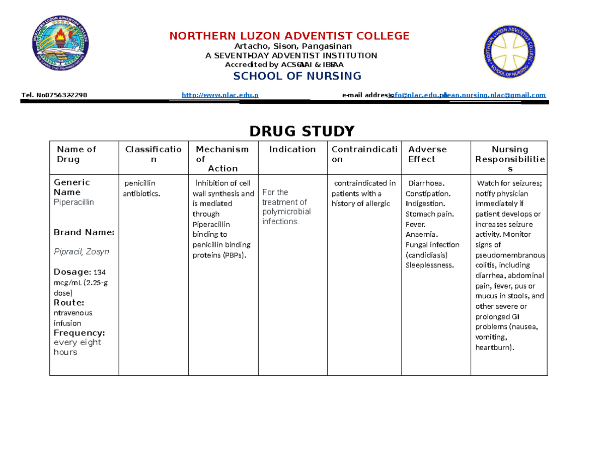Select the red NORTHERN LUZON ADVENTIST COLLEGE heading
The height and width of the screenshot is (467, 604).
coord(289,36)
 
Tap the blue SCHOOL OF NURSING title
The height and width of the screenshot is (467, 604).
coord(296,76)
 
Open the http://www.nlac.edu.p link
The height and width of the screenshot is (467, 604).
coord(219,95)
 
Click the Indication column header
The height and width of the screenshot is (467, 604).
coord(292,149)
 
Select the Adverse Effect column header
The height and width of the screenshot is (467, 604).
coord(427,154)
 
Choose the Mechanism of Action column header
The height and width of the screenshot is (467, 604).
coord(222,159)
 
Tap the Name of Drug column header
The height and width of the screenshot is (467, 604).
coord(76,154)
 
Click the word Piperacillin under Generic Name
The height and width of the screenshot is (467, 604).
coord(73,202)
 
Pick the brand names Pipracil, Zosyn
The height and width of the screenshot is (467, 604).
coord(81,251)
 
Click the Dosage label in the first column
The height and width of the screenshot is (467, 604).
coord(69,272)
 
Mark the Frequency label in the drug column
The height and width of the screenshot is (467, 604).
coord(79,333)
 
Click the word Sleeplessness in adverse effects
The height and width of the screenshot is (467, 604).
coord(429,265)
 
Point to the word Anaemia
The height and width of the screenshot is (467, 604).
coord(421,234)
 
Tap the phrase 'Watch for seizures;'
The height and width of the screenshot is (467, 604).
coord(509,183)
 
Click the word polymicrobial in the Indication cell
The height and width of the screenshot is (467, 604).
coord(286,212)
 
